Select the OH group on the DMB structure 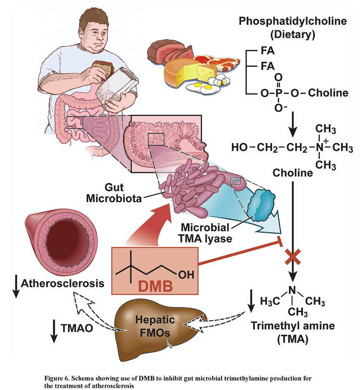[186, 274]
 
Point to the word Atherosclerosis [63, 284]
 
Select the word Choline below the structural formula [292, 174]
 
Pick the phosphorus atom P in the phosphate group [279, 93]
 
